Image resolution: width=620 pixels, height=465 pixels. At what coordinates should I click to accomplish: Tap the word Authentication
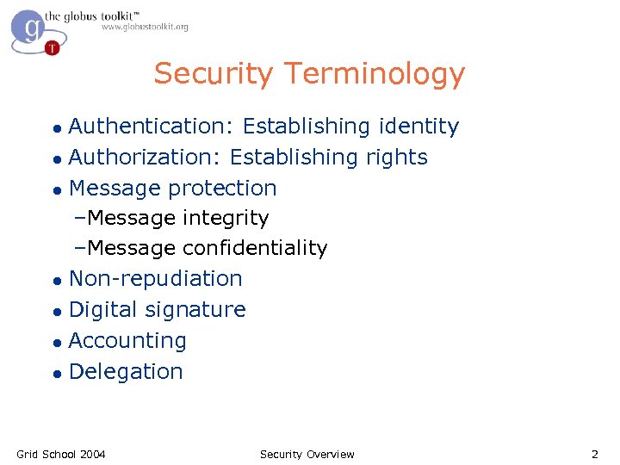click(x=146, y=127)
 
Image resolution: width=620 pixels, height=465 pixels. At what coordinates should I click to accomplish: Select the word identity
click(x=418, y=127)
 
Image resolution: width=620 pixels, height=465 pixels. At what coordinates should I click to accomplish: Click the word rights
click(x=396, y=158)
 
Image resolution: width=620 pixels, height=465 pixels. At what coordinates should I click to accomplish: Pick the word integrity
click(x=226, y=219)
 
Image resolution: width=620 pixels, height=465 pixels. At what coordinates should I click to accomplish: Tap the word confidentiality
click(x=255, y=249)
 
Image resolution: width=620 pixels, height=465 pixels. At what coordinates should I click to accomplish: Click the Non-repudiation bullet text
click(x=155, y=279)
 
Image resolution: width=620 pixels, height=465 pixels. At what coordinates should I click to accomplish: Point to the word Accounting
click(x=127, y=341)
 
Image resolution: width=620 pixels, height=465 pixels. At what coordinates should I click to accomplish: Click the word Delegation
click(x=126, y=372)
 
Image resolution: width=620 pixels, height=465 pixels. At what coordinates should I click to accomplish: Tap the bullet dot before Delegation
click(x=57, y=374)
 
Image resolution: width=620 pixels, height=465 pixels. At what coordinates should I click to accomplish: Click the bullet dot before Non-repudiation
click(x=57, y=281)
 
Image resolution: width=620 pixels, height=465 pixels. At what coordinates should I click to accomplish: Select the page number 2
click(x=594, y=454)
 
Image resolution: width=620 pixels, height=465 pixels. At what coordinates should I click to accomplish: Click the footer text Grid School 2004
click(x=61, y=454)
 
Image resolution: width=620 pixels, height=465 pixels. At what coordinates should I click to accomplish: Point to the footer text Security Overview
click(x=307, y=454)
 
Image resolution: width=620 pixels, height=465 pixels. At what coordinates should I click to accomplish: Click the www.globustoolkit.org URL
click(x=145, y=28)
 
